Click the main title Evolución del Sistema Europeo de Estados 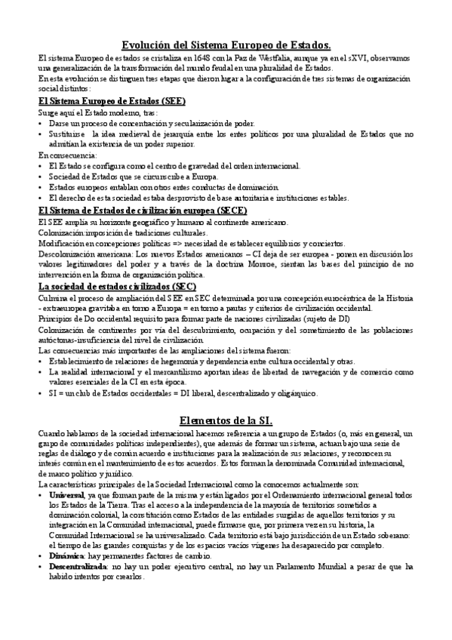(226, 45)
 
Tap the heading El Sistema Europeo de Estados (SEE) (112, 101)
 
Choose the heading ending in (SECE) (143, 211)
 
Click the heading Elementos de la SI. (226, 420)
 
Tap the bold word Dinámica (66, 555)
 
